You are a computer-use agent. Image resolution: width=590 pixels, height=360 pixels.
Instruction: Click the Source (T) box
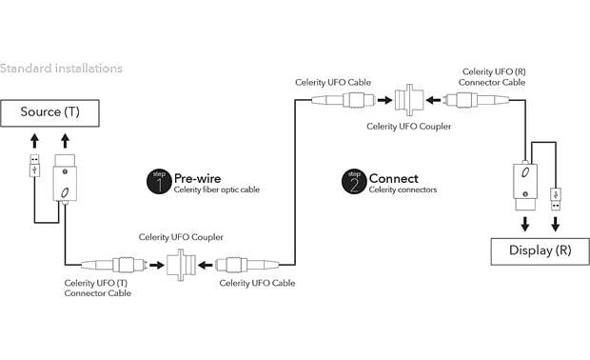(x=57, y=112)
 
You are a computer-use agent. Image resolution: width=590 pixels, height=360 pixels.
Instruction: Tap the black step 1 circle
(x=158, y=180)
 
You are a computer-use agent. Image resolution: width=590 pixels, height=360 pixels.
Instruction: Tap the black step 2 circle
(x=353, y=180)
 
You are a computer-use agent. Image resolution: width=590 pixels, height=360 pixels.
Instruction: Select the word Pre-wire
(x=197, y=177)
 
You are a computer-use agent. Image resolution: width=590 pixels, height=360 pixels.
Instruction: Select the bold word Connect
(x=393, y=177)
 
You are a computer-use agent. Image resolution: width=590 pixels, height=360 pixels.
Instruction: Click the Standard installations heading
(x=61, y=69)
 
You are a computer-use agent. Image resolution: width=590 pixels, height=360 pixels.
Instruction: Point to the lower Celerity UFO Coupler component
(x=178, y=263)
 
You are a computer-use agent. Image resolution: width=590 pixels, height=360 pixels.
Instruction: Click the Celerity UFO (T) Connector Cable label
(x=100, y=287)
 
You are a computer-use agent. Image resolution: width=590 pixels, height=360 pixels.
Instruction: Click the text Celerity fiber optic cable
(x=216, y=190)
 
